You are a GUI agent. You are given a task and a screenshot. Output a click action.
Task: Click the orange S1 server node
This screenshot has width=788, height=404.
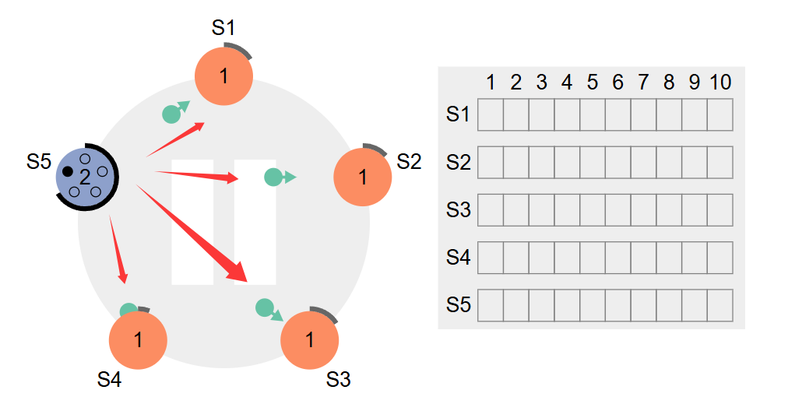(x=223, y=76)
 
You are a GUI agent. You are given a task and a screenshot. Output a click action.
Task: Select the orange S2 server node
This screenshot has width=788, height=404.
(x=362, y=177)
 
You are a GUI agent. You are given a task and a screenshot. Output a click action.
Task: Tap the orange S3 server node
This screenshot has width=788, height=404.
(x=309, y=340)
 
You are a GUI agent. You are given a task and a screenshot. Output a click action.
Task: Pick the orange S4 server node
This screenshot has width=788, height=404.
(x=138, y=340)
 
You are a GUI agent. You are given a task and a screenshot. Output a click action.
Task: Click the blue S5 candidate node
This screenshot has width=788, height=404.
(x=85, y=175)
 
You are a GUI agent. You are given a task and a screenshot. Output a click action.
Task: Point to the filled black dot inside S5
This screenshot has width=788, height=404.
(x=68, y=171)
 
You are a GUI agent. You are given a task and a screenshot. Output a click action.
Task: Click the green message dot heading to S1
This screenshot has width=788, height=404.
(x=171, y=114)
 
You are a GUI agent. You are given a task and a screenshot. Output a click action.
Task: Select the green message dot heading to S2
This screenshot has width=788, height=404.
(x=273, y=177)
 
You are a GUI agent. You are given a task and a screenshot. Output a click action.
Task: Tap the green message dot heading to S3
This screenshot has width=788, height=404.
(x=264, y=308)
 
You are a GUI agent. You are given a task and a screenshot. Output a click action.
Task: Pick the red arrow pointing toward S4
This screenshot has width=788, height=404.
(x=116, y=249)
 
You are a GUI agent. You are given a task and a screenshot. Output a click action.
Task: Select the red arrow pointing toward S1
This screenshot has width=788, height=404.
(x=175, y=139)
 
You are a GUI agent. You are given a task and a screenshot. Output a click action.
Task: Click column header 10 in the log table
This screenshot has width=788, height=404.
(x=720, y=83)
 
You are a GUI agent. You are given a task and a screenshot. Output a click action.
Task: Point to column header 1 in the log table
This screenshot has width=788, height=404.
(x=491, y=83)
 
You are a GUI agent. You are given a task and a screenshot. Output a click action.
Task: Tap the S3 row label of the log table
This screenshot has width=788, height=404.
(x=458, y=209)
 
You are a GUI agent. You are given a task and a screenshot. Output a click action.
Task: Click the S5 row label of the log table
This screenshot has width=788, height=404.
(x=458, y=305)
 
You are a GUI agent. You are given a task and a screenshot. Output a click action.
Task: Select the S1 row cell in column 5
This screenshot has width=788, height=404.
(x=593, y=115)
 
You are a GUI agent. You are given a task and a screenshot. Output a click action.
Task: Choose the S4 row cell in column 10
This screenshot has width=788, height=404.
(x=720, y=258)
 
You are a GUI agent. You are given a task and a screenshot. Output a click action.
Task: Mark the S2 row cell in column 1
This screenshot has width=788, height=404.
(x=491, y=162)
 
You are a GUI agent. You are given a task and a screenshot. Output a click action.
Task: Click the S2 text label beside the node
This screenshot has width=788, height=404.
(x=409, y=162)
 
